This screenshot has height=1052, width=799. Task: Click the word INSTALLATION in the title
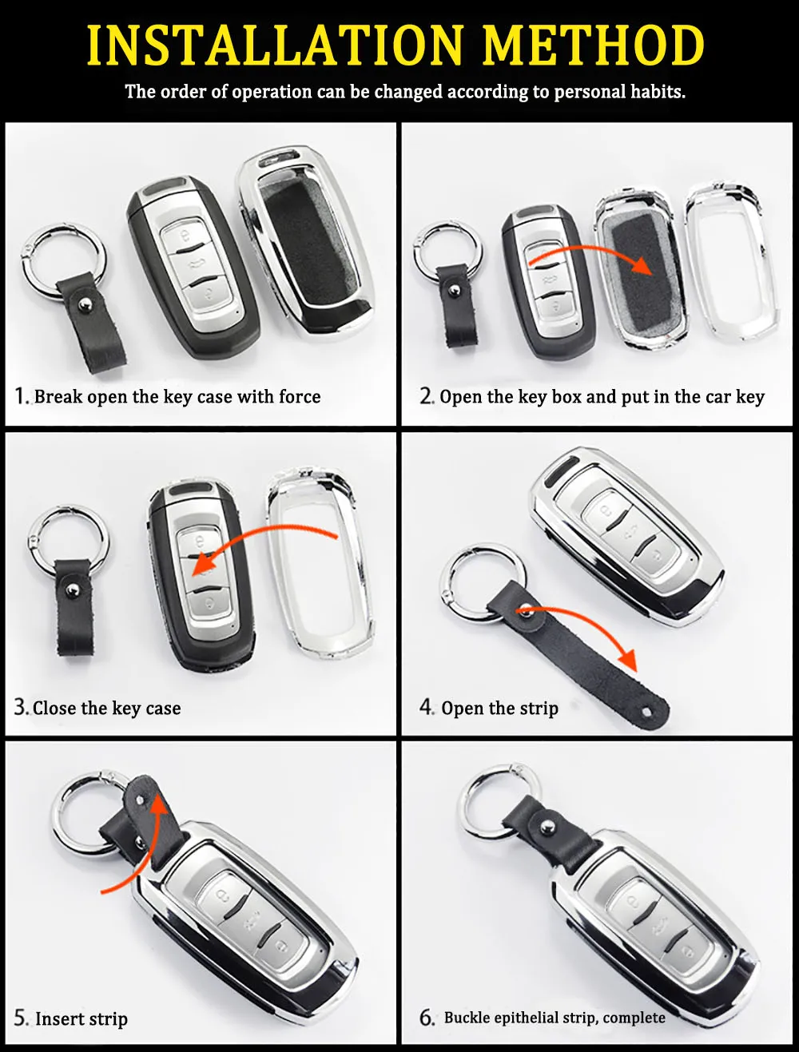pyautogui.click(x=275, y=45)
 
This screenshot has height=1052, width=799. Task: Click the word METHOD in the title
pyautogui.click(x=594, y=45)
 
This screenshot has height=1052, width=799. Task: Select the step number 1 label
pyautogui.click(x=20, y=396)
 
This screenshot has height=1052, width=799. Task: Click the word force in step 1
pyautogui.click(x=300, y=397)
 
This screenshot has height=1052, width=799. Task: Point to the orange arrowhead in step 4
pyautogui.click(x=627, y=660)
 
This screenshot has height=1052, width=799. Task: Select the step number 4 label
pyautogui.click(x=427, y=708)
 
